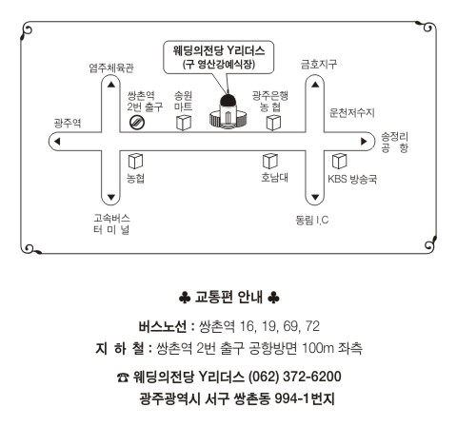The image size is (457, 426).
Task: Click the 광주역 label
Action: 68,123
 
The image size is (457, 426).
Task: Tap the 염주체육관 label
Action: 111,68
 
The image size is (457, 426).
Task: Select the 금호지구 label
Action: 319,65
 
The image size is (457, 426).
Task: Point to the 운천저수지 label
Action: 352,112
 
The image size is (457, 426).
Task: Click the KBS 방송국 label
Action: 352,179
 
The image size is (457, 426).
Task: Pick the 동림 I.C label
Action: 312,220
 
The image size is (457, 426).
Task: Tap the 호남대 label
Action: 274,177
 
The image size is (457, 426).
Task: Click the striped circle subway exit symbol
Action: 137,123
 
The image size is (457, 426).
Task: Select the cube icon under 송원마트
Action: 184,123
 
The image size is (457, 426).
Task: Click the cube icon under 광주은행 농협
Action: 273,123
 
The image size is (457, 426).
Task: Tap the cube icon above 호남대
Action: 270,162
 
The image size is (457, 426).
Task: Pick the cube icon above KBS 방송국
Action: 339,161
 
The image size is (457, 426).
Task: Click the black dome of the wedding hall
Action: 228,101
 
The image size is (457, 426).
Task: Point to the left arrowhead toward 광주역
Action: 57,142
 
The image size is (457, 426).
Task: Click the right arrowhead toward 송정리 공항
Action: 364,142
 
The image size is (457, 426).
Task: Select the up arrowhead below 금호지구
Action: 315,85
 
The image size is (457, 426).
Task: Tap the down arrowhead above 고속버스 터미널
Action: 111,198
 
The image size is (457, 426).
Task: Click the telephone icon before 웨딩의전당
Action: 123,378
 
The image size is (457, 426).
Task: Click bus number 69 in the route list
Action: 290,326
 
